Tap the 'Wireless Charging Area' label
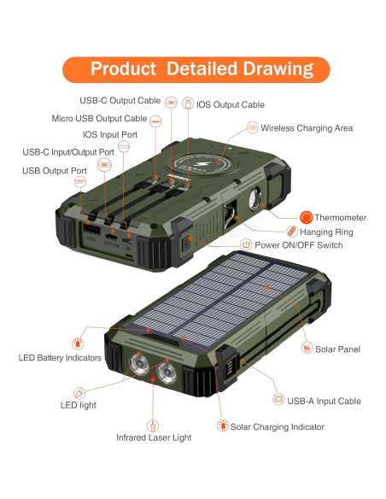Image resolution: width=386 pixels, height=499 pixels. click(x=307, y=128)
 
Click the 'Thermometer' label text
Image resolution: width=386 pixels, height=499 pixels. click(x=340, y=218)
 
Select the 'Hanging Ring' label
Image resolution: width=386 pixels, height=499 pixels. click(x=329, y=232)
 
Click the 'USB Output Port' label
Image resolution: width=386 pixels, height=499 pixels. click(x=55, y=171)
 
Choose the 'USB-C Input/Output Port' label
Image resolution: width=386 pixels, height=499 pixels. click(x=67, y=152)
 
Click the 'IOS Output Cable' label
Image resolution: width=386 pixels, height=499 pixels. click(x=231, y=105)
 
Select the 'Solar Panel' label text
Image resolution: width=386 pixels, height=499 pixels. click(x=337, y=349)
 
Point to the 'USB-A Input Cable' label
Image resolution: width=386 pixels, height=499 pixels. click(x=324, y=401)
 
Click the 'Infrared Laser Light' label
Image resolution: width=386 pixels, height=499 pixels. click(x=154, y=437)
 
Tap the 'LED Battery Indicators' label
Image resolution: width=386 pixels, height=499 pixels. click(x=60, y=357)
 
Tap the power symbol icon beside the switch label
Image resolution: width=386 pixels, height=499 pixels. click(x=246, y=245)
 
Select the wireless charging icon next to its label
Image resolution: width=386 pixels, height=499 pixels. click(x=252, y=128)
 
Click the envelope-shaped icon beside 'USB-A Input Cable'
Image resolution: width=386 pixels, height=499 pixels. click(x=278, y=400)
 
